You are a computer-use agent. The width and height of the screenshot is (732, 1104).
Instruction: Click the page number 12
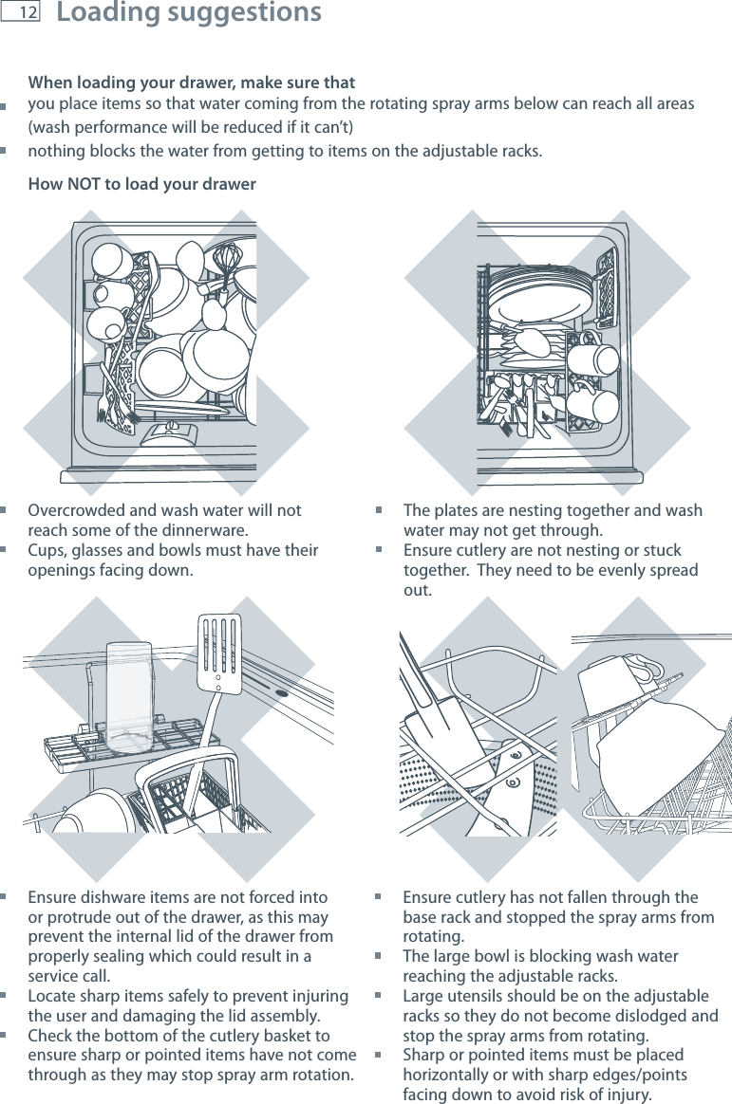(27, 13)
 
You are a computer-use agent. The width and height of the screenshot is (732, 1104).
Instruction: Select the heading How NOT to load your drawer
(141, 184)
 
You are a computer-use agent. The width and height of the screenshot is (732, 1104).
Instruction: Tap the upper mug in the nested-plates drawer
(595, 359)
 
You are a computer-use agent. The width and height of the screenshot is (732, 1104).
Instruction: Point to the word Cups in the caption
(47, 551)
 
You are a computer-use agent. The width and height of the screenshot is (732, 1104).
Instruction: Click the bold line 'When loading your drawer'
(192, 83)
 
